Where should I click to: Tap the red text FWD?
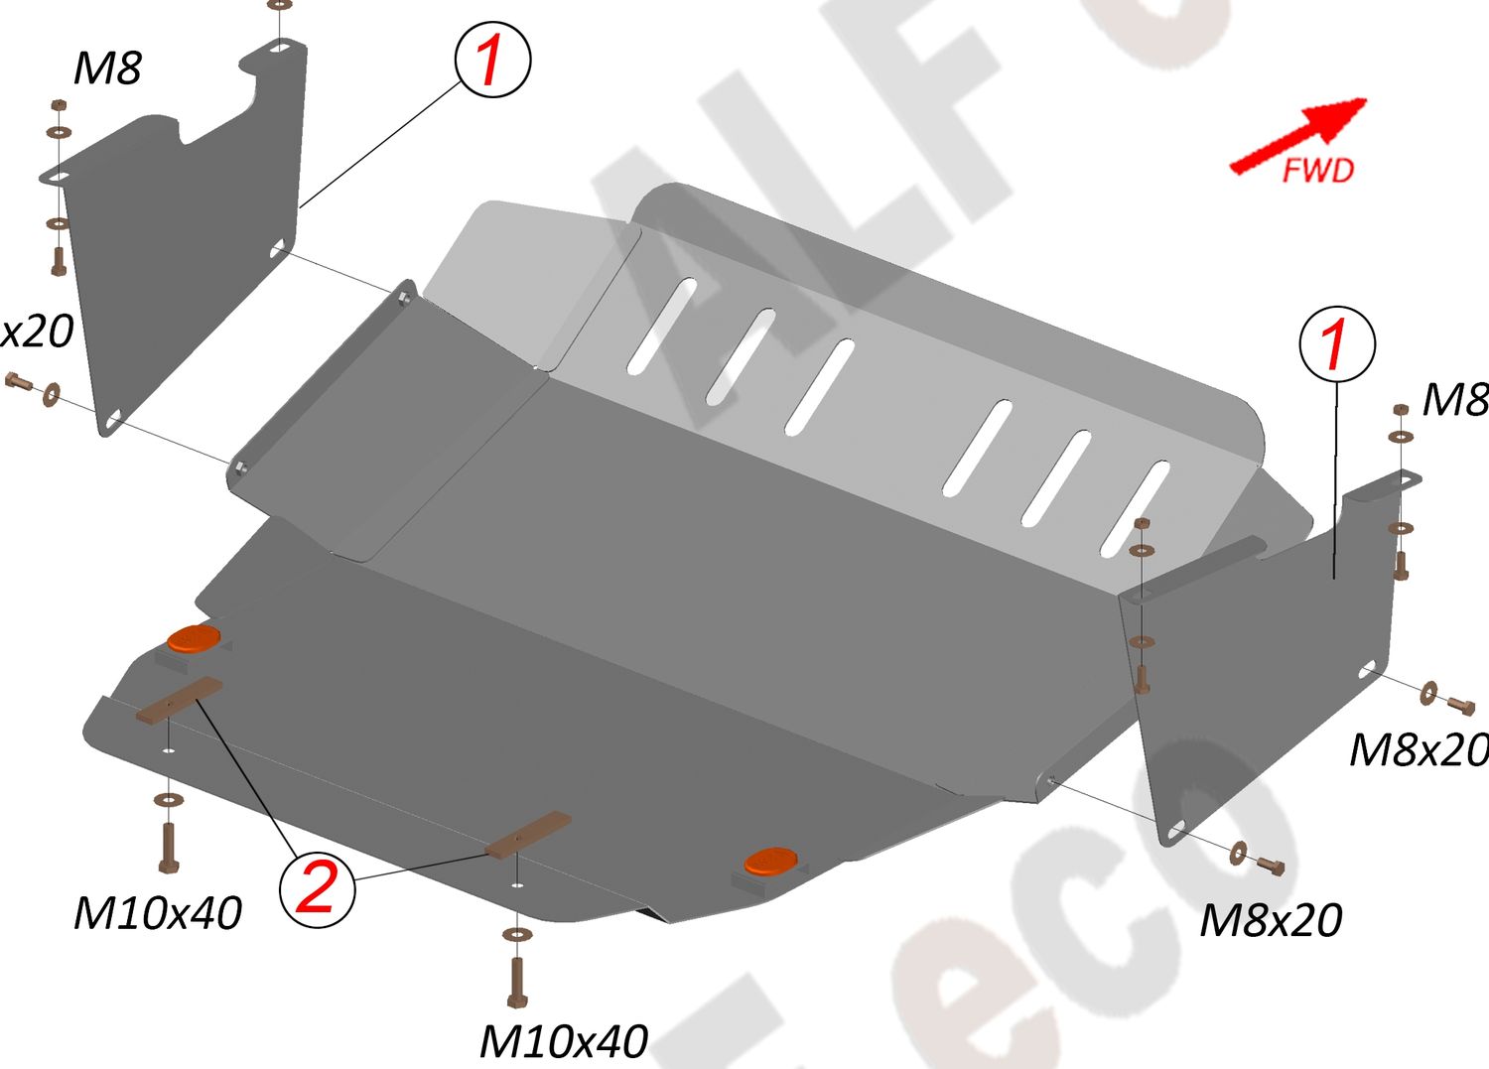pos(1317,171)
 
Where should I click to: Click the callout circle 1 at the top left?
pos(492,61)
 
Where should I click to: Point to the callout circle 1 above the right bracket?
pos(1336,343)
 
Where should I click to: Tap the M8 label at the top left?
pos(107,68)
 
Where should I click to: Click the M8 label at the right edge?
pos(1454,400)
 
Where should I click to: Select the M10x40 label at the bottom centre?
pos(563,1041)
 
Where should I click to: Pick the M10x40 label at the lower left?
pos(158,913)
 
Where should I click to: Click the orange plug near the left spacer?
pos(193,639)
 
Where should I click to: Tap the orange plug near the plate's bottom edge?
pos(769,861)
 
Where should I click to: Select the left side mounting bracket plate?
pos(184,258)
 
